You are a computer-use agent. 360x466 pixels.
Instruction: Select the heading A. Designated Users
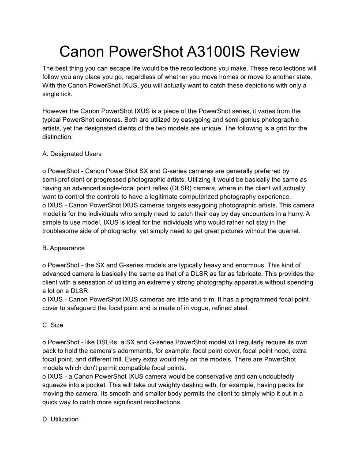(72, 154)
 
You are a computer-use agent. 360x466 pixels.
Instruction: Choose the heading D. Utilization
(60, 419)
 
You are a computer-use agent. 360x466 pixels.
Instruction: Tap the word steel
(239, 308)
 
